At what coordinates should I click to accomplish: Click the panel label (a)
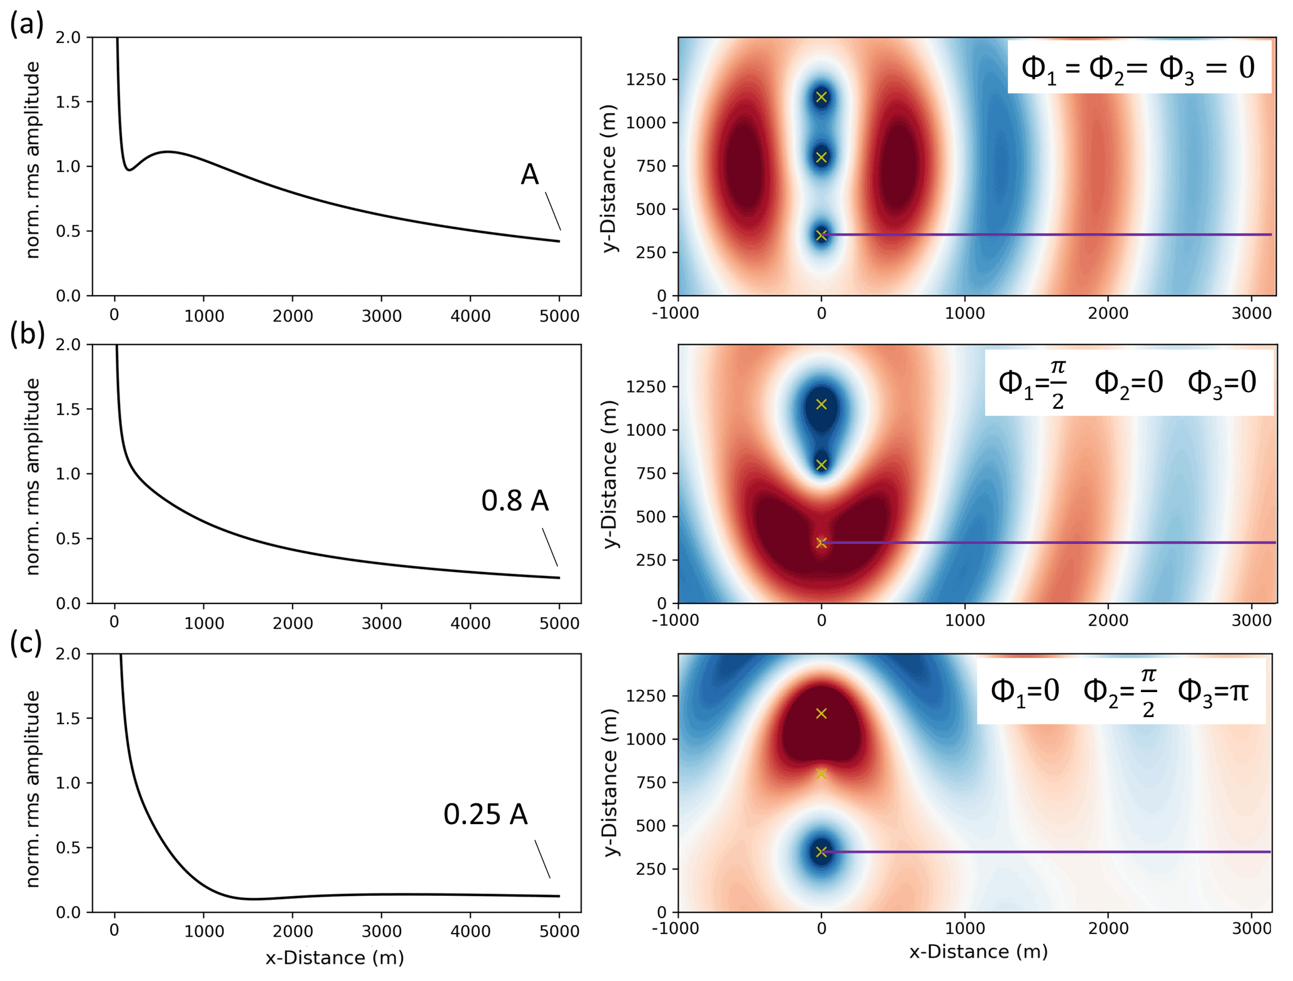tap(27, 24)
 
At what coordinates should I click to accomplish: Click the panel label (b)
tap(27, 334)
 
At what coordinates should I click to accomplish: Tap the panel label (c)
tap(26, 643)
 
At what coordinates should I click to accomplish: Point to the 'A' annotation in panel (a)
tap(529, 174)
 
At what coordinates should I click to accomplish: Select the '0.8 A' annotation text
tap(515, 501)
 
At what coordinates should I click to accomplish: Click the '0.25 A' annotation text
tap(485, 814)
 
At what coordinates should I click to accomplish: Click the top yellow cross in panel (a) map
tap(821, 97)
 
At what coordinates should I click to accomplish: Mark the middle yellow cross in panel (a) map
tap(821, 157)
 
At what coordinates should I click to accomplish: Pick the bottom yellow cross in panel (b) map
tap(821, 543)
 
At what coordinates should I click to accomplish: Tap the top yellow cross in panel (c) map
tap(821, 713)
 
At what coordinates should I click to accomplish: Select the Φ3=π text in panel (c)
tap(1213, 691)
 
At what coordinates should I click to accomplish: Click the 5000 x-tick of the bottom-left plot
tap(559, 931)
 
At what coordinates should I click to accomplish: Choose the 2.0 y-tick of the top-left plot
tap(68, 38)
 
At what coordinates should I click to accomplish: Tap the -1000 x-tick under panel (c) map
tap(676, 928)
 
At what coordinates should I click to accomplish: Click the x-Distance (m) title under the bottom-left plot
tap(335, 958)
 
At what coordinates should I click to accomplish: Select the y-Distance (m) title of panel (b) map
tap(610, 474)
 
